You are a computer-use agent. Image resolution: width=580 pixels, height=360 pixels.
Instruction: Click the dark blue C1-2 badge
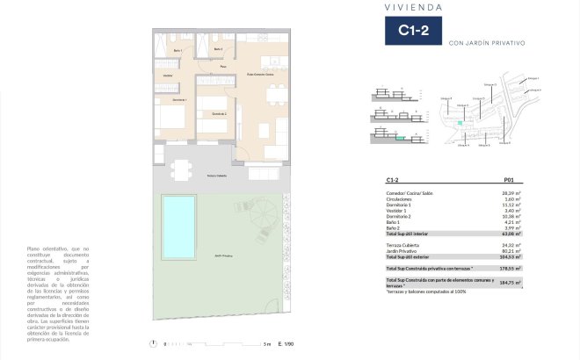pos(413,32)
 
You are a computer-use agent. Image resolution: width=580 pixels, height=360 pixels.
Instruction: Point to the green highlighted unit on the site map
pos(460,124)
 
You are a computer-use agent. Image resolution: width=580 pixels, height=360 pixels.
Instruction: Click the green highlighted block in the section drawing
pos(401,137)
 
